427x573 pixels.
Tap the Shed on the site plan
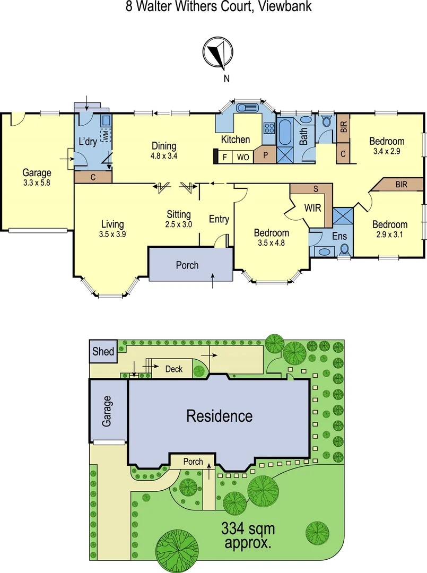[x=103, y=352]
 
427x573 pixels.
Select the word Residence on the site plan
[x=219, y=416]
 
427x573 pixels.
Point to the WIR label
[x=312, y=207]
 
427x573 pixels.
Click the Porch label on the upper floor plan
[x=187, y=265]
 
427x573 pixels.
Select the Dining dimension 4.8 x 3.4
[x=164, y=157]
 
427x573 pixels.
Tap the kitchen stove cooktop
[x=268, y=127]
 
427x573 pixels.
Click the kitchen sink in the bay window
[x=247, y=108]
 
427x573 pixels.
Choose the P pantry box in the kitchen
[x=264, y=157]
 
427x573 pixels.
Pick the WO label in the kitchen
[x=242, y=157]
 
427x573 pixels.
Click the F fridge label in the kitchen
[x=225, y=157]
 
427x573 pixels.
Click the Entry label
[x=219, y=219]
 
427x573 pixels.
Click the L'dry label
[x=88, y=142]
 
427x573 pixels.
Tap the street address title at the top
[x=219, y=7]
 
